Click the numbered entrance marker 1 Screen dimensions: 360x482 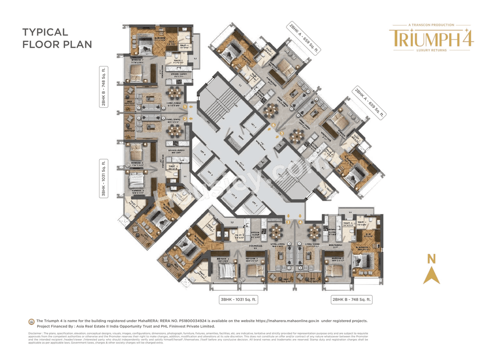[x=185, y=107]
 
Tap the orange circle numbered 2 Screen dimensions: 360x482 [x=185, y=119]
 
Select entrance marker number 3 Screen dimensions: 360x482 [x=288, y=222]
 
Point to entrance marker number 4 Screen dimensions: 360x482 [x=300, y=222]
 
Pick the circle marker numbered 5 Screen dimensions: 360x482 [x=282, y=133]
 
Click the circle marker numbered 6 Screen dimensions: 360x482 [x=273, y=125]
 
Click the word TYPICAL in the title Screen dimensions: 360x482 [x=45, y=32]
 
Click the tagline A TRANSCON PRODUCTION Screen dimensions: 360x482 [x=431, y=25]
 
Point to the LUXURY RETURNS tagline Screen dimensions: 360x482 [x=431, y=50]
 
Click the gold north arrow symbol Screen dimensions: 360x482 [x=431, y=275]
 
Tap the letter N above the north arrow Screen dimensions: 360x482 [x=431, y=259]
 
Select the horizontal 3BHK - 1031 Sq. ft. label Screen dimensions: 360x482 [x=238, y=299]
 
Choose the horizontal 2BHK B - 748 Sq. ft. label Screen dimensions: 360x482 [x=351, y=299]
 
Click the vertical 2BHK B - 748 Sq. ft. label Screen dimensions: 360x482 [x=104, y=87]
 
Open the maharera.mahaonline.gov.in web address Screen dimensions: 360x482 [x=287, y=321]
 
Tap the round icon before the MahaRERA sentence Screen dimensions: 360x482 [x=32, y=322]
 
